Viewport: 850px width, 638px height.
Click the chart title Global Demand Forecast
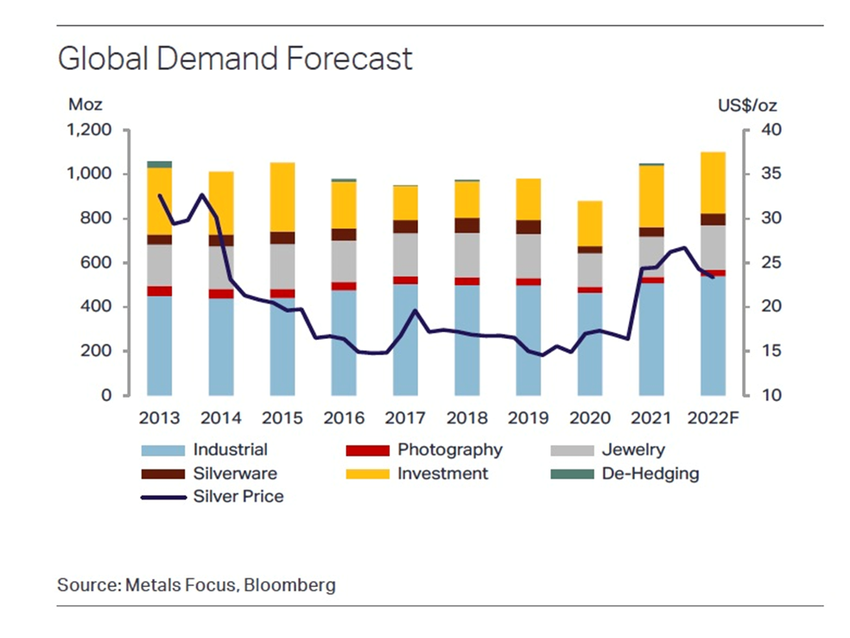pyautogui.click(x=235, y=59)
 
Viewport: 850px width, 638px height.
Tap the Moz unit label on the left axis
pyautogui.click(x=85, y=105)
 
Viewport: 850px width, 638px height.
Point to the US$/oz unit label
pyautogui.click(x=748, y=105)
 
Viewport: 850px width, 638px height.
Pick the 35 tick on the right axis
pyautogui.click(x=771, y=175)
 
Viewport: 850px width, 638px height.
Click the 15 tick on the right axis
pyautogui.click(x=771, y=351)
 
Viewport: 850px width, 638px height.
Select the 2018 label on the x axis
pyautogui.click(x=466, y=418)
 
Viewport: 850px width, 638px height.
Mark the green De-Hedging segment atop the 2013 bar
pyautogui.click(x=159, y=164)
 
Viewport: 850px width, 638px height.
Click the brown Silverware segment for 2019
pyautogui.click(x=528, y=226)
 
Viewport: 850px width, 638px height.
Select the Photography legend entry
pyautogui.click(x=449, y=450)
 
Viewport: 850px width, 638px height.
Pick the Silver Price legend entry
pyautogui.click(x=238, y=496)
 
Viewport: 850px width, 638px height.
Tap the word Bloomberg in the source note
pyautogui.click(x=289, y=585)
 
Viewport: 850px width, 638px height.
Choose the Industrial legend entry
pyautogui.click(x=230, y=450)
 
